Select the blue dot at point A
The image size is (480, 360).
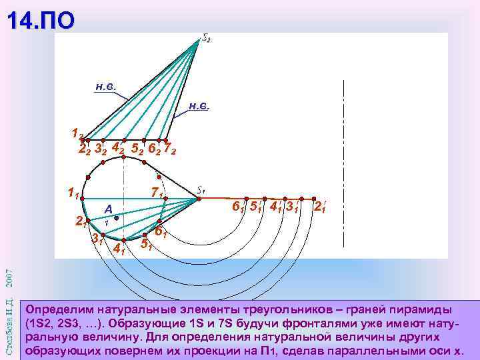click(x=115, y=217)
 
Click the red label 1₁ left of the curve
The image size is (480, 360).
click(x=73, y=195)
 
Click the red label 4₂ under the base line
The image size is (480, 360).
click(x=117, y=146)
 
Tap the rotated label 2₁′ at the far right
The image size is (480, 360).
click(x=320, y=207)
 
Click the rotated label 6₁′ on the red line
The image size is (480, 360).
click(x=236, y=207)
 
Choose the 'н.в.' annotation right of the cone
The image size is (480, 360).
click(x=199, y=105)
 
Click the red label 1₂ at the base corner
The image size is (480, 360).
click(x=77, y=133)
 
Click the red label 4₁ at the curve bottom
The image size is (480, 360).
click(x=120, y=250)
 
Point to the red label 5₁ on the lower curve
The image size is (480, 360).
click(x=145, y=244)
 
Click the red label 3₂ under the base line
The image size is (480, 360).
click(x=101, y=149)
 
